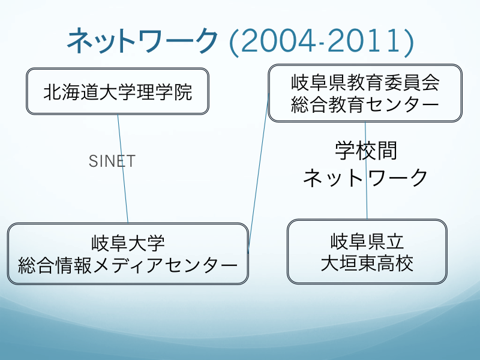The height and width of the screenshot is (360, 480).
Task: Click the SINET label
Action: [112, 161]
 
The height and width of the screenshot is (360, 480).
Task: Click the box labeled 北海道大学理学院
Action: [118, 91]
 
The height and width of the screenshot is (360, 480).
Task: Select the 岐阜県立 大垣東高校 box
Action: [367, 251]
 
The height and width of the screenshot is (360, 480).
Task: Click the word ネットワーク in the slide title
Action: [142, 41]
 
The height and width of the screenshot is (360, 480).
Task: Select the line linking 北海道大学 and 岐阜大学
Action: [123, 169]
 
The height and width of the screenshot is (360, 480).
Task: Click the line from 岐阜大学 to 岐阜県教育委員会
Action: [259, 173]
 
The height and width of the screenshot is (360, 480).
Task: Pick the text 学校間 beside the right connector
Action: [366, 151]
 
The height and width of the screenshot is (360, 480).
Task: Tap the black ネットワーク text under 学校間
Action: [365, 178]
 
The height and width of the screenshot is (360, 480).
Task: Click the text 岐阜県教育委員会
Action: [365, 82]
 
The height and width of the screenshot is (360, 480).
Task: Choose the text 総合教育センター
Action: [365, 104]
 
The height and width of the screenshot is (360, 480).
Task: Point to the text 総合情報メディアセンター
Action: [128, 265]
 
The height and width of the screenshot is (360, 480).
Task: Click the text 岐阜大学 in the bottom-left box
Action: [128, 243]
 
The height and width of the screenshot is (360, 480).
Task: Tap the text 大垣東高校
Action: [367, 263]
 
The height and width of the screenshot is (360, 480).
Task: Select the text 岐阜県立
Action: [367, 241]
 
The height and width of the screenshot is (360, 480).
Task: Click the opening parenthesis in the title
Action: [234, 42]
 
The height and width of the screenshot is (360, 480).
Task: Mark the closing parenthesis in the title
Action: [409, 42]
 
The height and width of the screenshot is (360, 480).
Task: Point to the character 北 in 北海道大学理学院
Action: [53, 92]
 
